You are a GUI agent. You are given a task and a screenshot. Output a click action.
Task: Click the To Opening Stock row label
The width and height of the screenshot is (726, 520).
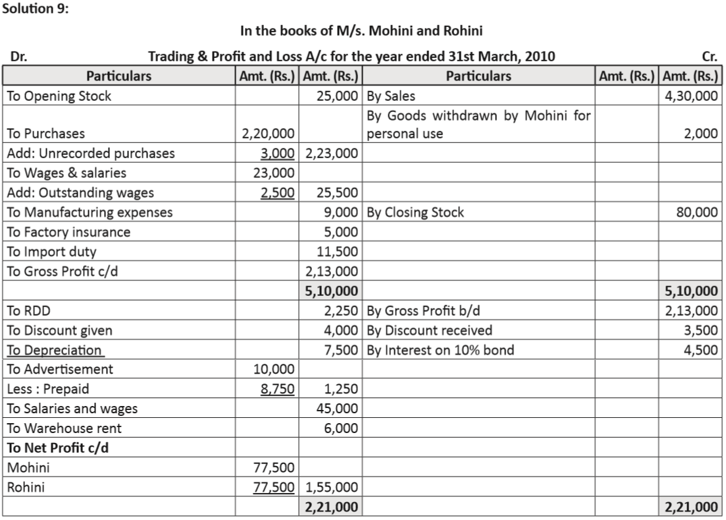click(59, 96)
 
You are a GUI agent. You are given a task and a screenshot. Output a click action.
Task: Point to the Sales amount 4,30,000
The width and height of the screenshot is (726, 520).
click(692, 96)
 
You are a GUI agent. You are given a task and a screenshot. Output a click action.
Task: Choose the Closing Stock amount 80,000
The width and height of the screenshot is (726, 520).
click(697, 212)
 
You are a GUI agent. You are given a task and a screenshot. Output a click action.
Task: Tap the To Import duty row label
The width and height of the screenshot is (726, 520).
click(51, 251)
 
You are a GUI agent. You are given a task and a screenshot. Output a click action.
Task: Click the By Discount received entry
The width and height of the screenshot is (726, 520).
click(429, 330)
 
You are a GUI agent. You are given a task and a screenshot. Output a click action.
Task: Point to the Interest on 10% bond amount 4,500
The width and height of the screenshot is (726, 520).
click(702, 350)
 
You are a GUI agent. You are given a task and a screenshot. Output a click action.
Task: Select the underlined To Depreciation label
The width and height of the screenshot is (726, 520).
click(54, 350)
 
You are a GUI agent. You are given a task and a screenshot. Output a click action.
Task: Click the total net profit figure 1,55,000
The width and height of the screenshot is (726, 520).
click(332, 488)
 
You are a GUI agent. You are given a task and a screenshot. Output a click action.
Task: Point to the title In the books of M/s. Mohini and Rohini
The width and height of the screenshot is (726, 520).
click(363, 31)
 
